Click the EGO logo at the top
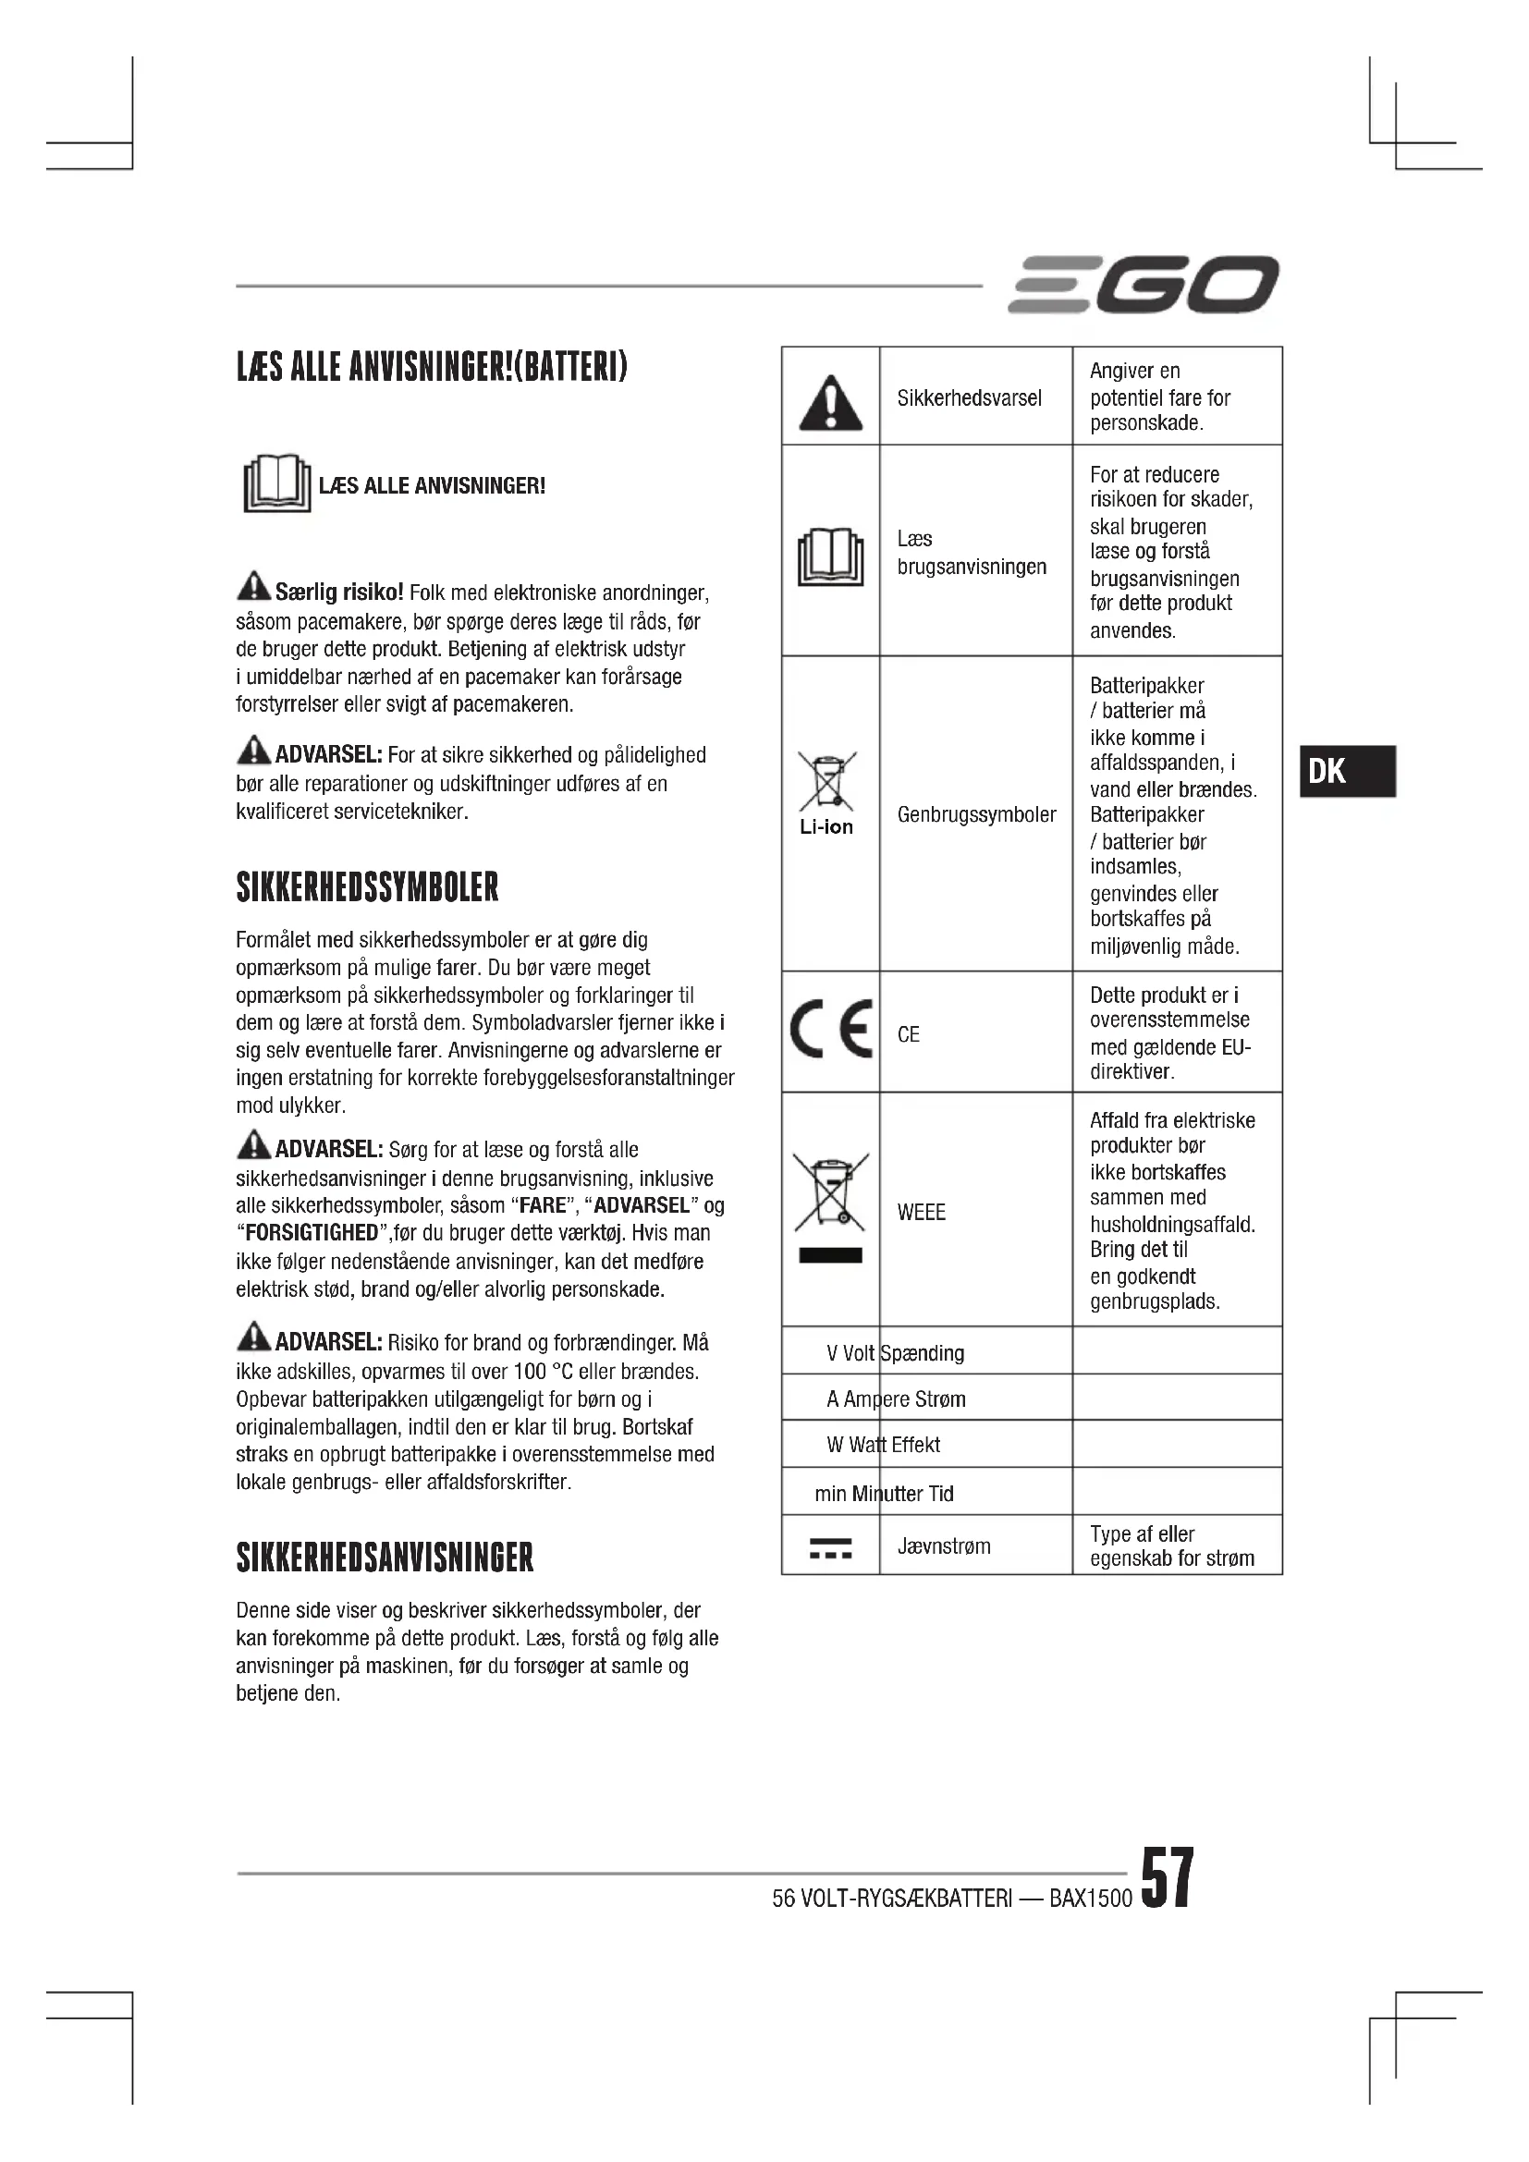pyautogui.click(x=1143, y=285)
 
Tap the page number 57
pyautogui.click(x=1167, y=1876)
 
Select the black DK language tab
pyautogui.click(x=1346, y=771)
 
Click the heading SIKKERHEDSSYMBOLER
pyautogui.click(x=367, y=887)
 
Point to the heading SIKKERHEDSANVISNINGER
pyautogui.click(x=385, y=1557)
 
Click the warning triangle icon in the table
pyautogui.click(x=829, y=403)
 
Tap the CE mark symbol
pyautogui.click(x=831, y=1030)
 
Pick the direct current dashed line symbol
pyautogui.click(x=830, y=1549)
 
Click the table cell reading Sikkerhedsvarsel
pyautogui.click(x=969, y=398)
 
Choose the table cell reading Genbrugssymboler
pyautogui.click(x=976, y=814)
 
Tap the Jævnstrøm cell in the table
pyautogui.click(x=944, y=1546)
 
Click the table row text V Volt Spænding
pyautogui.click(x=895, y=1353)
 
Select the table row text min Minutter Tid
pyautogui.click(x=883, y=1494)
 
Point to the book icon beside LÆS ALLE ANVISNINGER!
pyautogui.click(x=276, y=484)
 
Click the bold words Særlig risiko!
pyautogui.click(x=339, y=592)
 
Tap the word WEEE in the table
pyautogui.click(x=921, y=1212)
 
